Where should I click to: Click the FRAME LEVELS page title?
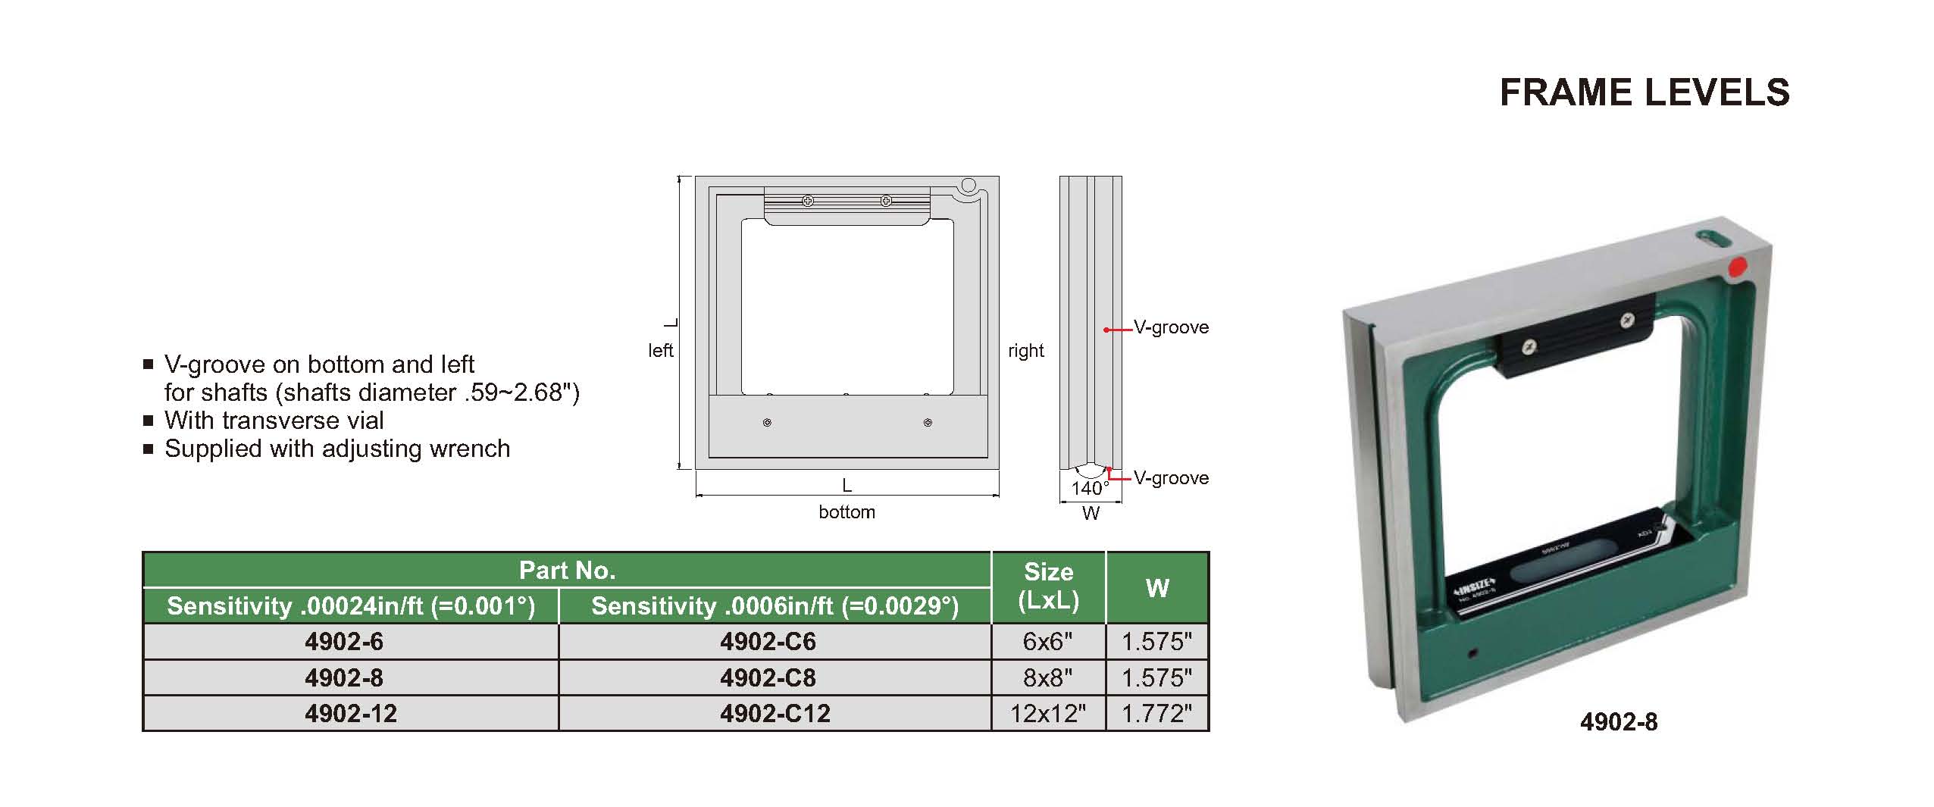pyautogui.click(x=1645, y=92)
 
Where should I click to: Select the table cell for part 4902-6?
pyautogui.click(x=351, y=642)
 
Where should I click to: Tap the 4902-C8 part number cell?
pyautogui.click(x=775, y=677)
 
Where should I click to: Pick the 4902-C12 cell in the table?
pyautogui.click(x=775, y=713)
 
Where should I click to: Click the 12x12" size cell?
pyautogui.click(x=1048, y=713)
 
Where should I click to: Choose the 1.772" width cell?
pyautogui.click(x=1157, y=713)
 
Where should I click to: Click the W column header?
pyautogui.click(x=1157, y=588)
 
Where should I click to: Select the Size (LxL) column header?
pyautogui.click(x=1048, y=588)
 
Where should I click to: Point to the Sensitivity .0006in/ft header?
pyautogui.click(x=775, y=606)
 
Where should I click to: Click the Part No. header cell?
pyautogui.click(x=567, y=570)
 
